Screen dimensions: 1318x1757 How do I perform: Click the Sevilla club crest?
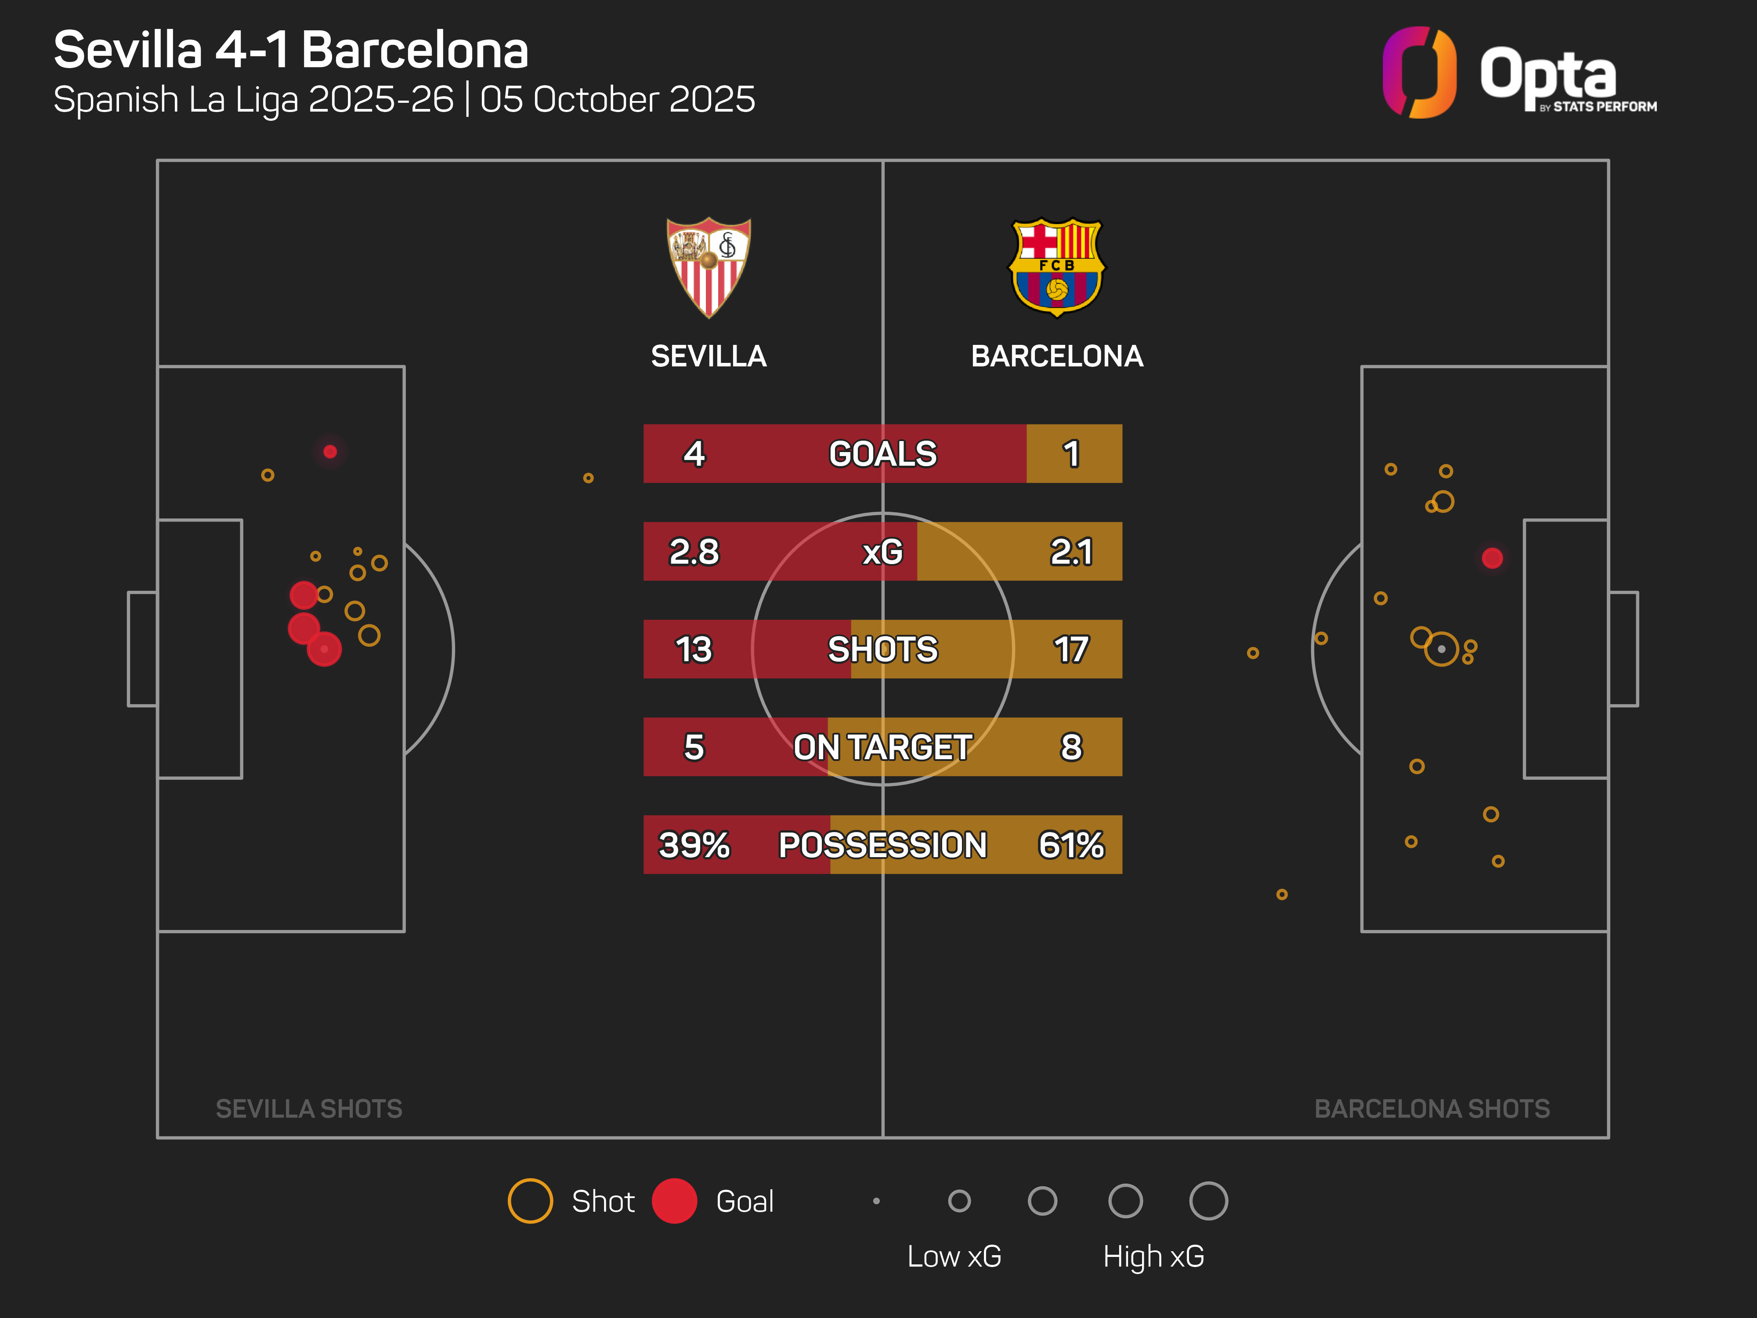coord(709,267)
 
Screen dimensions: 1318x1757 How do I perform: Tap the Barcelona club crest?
coord(1056,267)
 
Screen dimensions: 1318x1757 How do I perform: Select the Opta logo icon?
coord(1419,72)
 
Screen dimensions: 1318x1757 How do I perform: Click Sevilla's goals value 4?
coord(694,454)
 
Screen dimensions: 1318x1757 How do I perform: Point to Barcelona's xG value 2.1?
coord(1071,551)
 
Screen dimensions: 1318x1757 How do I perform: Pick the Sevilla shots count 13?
coord(694,649)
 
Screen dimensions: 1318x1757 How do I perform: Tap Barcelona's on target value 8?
coord(1071,747)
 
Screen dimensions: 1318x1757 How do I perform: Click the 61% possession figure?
coord(1071,844)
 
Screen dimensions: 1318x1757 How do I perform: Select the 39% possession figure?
coord(694,844)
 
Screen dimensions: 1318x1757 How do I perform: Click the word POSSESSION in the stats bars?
coord(882,844)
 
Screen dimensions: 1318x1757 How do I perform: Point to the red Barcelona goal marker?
coord(1493,558)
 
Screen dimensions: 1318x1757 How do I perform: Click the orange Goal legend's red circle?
coord(674,1200)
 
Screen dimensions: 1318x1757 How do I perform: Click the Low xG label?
coord(954,1256)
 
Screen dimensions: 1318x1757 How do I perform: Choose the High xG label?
coord(1153,1256)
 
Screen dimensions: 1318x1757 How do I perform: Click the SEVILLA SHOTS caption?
coord(309,1108)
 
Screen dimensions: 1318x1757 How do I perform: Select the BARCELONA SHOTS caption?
coord(1432,1108)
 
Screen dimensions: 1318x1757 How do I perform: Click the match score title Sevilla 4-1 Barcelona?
coord(291,50)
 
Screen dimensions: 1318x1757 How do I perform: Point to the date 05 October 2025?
coord(617,99)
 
